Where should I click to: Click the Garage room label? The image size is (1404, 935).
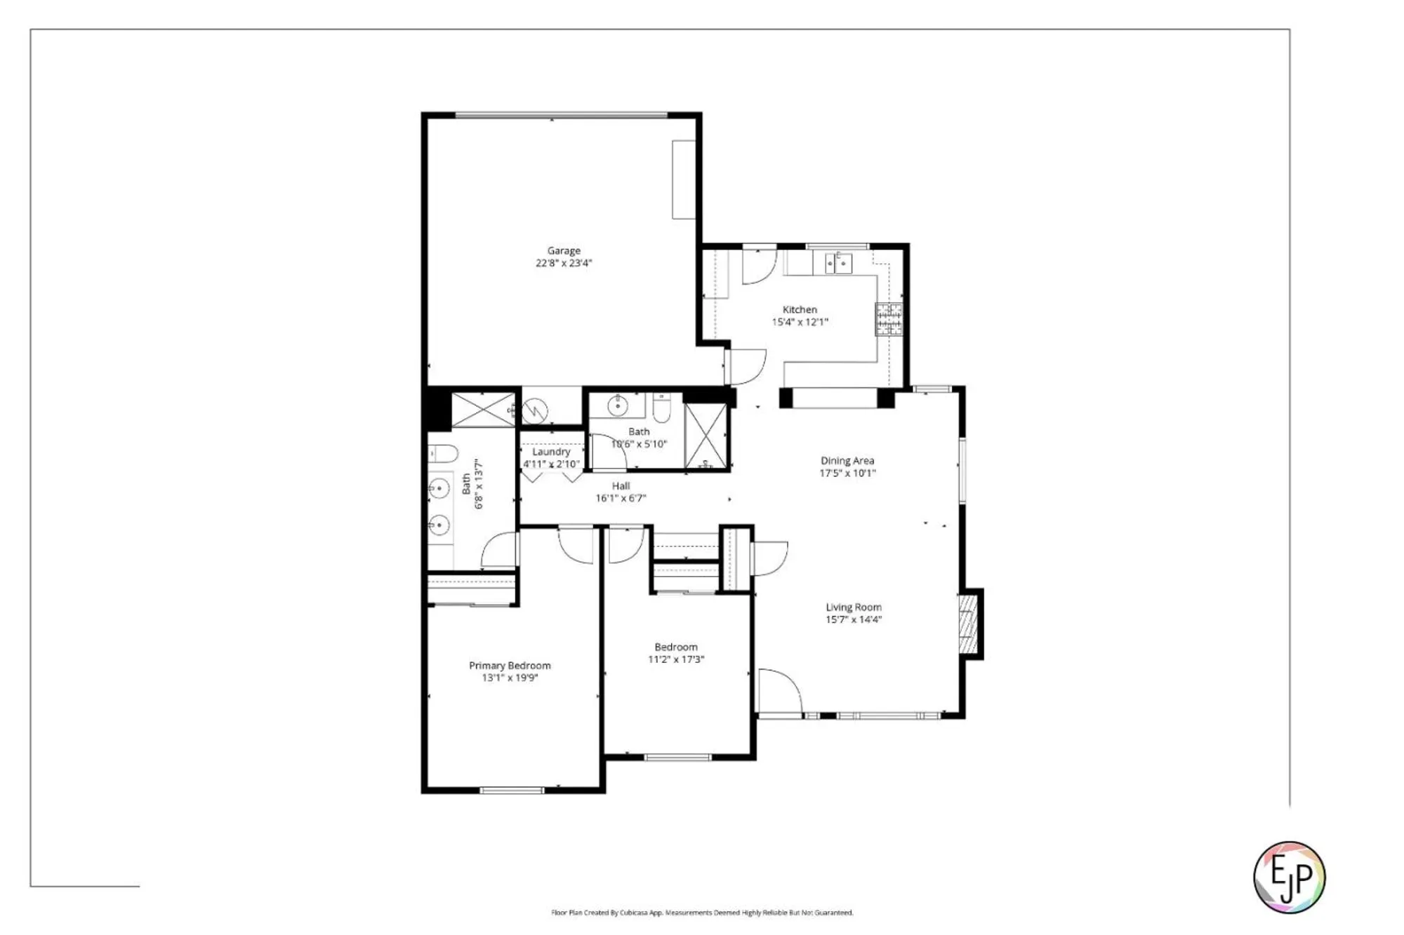click(564, 250)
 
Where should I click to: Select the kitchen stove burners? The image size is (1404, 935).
click(889, 319)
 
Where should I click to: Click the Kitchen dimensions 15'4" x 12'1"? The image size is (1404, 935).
click(800, 322)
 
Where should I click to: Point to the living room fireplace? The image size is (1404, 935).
click(969, 624)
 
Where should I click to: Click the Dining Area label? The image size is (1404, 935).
click(847, 461)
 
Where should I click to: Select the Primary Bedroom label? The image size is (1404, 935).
click(510, 665)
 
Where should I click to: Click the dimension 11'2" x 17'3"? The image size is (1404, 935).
click(675, 659)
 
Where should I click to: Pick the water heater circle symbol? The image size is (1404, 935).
click(535, 410)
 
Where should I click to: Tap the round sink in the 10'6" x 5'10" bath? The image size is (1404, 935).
click(618, 405)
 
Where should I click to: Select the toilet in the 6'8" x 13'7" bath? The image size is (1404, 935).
click(442, 454)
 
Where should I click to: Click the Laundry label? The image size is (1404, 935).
click(551, 452)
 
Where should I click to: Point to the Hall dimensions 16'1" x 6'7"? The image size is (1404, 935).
click(621, 498)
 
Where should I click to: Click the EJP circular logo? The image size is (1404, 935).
click(1289, 877)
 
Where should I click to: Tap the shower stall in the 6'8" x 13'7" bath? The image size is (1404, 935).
click(482, 410)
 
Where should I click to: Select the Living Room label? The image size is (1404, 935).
click(853, 607)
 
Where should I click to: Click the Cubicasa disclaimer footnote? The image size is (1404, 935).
click(702, 913)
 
